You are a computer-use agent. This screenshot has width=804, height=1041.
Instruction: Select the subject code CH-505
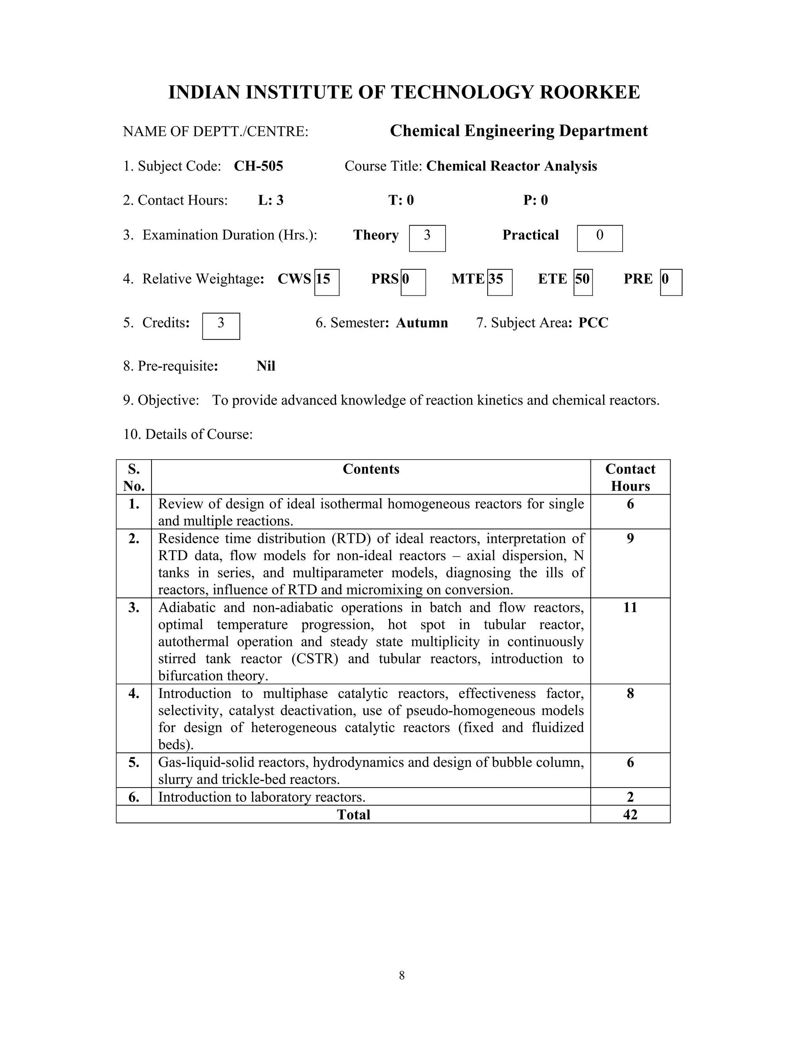click(258, 166)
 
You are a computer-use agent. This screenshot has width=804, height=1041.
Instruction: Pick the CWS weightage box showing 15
click(326, 282)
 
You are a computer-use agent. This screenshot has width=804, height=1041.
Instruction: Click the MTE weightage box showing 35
click(499, 282)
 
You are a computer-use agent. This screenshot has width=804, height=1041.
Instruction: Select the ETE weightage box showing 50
click(583, 282)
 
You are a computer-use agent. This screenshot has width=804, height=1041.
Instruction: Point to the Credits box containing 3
click(221, 326)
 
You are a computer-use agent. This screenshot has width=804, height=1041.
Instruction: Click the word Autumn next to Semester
click(422, 323)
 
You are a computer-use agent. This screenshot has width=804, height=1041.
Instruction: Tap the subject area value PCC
click(593, 323)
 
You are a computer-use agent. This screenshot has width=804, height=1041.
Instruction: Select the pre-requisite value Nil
click(266, 366)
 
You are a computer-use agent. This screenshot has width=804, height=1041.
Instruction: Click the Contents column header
click(371, 469)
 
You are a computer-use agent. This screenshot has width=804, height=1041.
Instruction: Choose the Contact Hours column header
click(630, 477)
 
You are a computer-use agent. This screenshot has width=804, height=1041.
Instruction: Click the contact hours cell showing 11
click(630, 608)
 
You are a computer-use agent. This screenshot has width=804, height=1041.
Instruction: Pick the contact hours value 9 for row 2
click(630, 539)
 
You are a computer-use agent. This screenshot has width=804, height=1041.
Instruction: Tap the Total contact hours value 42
click(630, 815)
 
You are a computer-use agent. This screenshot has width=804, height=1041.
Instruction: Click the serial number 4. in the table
click(134, 693)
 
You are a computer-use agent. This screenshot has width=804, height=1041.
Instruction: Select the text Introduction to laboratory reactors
click(261, 797)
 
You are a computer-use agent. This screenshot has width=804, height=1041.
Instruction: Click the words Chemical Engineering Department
click(518, 130)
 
